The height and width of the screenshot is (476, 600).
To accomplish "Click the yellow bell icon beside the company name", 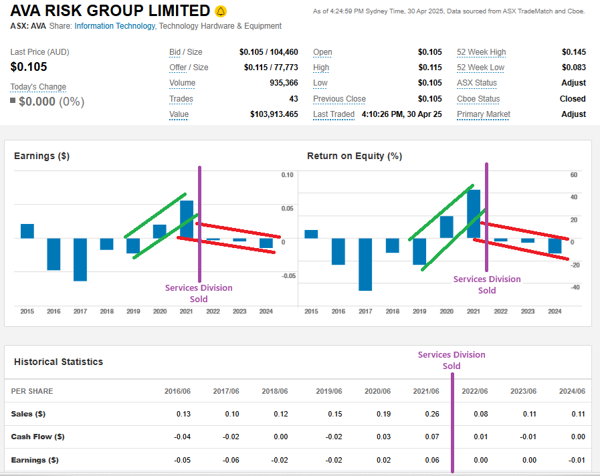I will (x=221, y=11).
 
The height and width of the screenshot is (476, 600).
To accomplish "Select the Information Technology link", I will (x=114, y=26).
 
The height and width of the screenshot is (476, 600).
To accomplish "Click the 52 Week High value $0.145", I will (x=573, y=52).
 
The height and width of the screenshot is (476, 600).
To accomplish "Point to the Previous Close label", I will (x=339, y=99).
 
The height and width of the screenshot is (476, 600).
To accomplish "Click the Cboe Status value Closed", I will (x=573, y=99).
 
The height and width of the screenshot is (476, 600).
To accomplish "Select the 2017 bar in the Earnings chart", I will (x=80, y=259).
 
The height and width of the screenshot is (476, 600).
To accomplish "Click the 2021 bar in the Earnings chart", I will (x=187, y=219).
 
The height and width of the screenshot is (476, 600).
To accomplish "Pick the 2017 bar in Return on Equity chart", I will (x=365, y=264).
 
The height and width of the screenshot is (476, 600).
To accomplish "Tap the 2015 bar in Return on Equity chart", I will (x=311, y=234).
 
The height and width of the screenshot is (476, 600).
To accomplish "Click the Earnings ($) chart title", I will (x=41, y=156).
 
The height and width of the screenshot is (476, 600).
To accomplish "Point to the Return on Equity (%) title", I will (x=355, y=156).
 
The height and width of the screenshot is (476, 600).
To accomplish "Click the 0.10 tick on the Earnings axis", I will (x=287, y=175).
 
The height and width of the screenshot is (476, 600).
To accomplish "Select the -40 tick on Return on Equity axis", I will (x=574, y=287).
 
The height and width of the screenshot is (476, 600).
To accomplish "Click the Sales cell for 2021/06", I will (x=431, y=414).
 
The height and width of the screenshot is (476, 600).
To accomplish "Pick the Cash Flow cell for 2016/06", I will (x=183, y=437).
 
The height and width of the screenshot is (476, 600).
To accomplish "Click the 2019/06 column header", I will (x=329, y=391).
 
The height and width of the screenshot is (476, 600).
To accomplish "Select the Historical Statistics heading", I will (x=58, y=362).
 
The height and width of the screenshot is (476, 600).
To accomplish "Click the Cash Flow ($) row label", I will (x=37, y=437).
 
